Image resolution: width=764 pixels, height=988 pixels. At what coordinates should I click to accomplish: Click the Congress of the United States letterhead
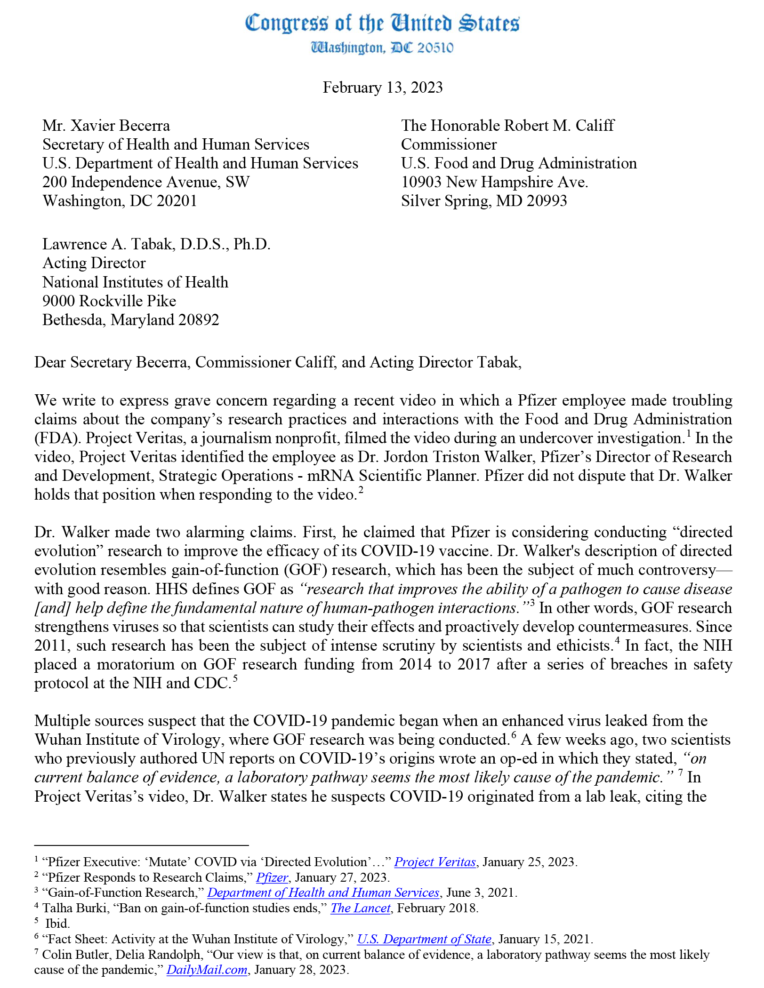382,23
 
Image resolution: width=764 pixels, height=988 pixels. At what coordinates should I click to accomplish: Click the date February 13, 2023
382,88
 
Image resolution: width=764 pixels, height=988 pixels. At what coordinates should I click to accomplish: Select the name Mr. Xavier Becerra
106,126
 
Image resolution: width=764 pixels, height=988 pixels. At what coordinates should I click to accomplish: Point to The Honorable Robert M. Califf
507,126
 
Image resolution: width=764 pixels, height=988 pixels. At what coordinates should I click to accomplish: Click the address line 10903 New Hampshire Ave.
494,182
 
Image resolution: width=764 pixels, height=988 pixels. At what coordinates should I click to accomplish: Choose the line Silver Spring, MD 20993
484,201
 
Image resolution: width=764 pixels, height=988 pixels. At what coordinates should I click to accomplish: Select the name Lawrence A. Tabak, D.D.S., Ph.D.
156,244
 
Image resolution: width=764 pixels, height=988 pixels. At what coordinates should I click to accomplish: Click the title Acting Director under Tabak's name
94,263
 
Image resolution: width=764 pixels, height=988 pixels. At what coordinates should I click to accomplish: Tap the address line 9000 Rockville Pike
109,301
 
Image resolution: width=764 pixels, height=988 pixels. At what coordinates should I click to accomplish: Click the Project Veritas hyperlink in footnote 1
435,862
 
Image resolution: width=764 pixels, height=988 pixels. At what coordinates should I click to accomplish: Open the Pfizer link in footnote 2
272,877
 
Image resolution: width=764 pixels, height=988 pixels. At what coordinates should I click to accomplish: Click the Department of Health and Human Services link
323,892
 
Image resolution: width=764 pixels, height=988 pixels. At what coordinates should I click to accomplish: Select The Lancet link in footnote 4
360,908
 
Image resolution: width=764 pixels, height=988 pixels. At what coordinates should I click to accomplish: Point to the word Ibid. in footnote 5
57,924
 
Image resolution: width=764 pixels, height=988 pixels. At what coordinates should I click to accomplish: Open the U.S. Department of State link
424,939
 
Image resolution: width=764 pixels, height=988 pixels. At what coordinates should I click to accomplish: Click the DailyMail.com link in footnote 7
207,970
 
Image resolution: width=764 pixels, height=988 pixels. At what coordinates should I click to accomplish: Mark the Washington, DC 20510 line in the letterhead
382,48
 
